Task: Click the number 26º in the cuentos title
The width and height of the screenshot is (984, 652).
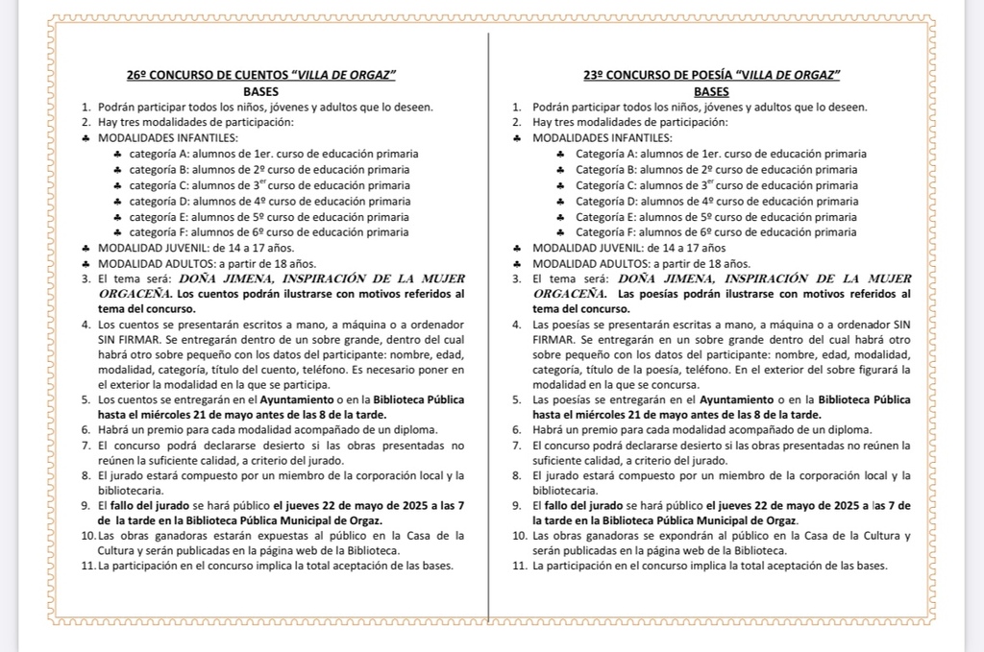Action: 136,75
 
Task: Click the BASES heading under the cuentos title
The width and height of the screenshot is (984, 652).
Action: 261,91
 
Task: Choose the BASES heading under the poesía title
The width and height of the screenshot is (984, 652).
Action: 711,91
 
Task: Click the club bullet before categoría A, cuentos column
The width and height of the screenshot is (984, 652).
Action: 117,154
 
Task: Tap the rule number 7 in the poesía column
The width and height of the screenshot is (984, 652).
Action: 517,446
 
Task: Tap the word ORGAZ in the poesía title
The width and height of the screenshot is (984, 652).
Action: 816,75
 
